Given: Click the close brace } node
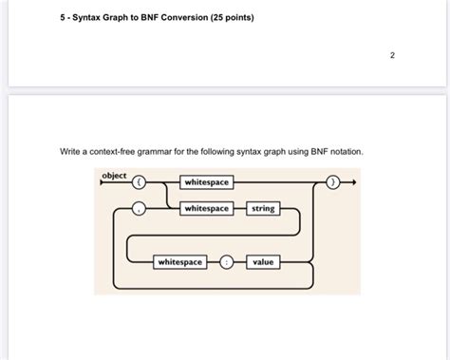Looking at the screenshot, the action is [332, 181].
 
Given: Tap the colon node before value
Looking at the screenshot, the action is [226, 261].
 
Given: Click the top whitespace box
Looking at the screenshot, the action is [207, 181].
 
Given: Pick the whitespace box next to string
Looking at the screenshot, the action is [207, 208].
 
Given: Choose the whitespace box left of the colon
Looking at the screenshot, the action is [179, 261].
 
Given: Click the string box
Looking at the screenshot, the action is [262, 208].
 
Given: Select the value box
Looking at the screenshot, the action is [262, 261].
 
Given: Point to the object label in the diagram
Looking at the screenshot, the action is [114, 176].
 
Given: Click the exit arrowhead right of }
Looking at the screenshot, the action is [352, 181].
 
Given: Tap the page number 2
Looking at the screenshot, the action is [392, 56].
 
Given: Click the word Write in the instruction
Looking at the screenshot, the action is [71, 151].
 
